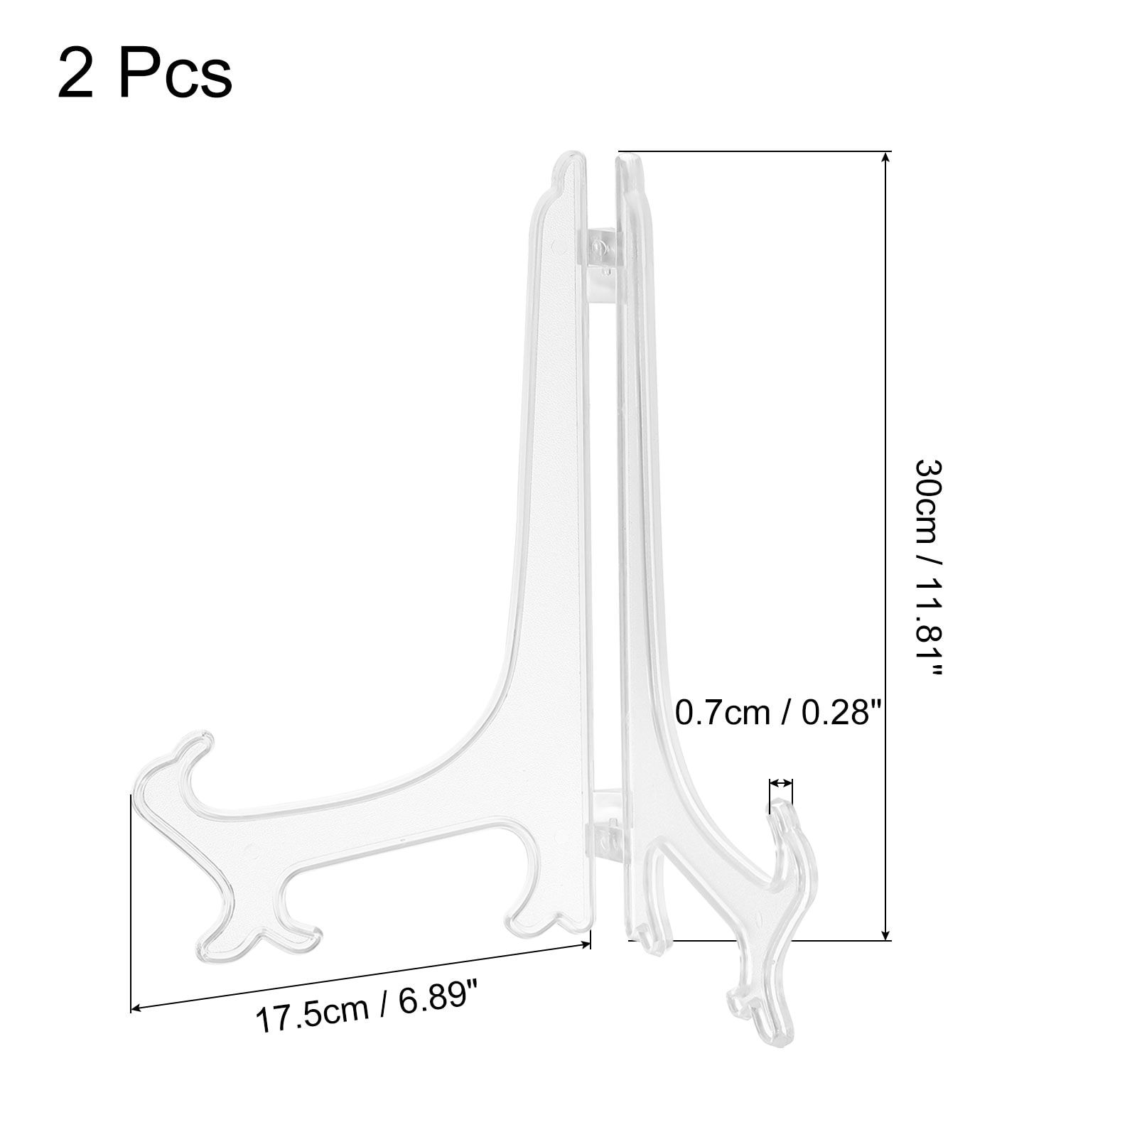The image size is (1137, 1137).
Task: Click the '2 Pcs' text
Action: (144, 74)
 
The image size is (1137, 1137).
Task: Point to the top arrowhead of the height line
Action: (885, 157)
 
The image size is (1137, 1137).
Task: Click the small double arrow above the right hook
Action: (781, 783)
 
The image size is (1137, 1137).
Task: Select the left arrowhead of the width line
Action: (137, 1006)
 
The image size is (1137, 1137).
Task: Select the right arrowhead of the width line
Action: (586, 944)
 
